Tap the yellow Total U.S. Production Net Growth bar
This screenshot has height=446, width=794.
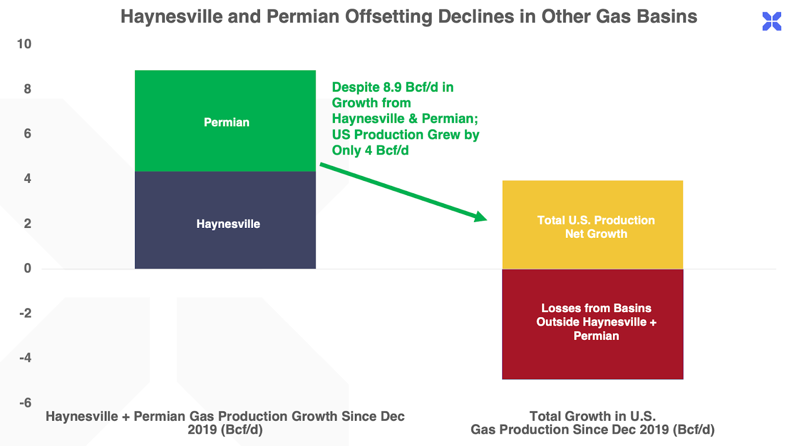[593, 198]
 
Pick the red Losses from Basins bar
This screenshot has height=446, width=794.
[593, 357]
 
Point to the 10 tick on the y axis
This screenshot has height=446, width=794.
[24, 44]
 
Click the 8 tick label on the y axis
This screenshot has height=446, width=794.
[27, 89]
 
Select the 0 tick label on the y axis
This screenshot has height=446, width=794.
[27, 268]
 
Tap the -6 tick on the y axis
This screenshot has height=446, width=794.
[25, 402]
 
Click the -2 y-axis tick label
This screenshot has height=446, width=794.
[25, 313]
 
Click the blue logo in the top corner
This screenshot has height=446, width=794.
[772, 21]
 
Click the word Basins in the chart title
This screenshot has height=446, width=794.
[667, 17]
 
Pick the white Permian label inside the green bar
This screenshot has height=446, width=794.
[227, 122]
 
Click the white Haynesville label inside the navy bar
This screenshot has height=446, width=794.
[228, 224]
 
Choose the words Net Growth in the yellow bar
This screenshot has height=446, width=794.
[596, 234]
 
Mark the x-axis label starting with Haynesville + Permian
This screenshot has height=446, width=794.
[225, 423]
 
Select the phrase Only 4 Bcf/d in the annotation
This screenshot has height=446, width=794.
[370, 151]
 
